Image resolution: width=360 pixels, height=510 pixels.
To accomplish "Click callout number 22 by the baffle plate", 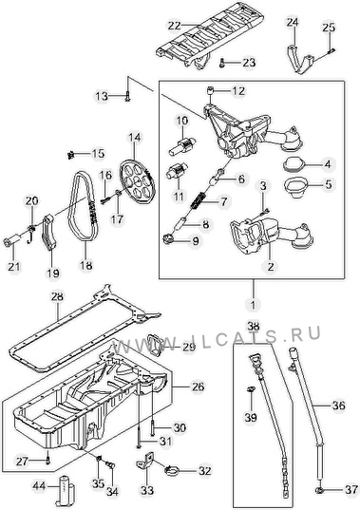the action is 175,25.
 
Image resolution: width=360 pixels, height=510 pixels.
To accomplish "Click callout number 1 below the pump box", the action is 254,305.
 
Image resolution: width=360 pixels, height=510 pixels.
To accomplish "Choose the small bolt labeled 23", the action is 222,63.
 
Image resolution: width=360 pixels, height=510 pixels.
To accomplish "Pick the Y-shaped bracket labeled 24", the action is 299,60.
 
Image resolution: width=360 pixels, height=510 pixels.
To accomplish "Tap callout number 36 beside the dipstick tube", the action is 338,406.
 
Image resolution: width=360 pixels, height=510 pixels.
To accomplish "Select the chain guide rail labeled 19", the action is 48,233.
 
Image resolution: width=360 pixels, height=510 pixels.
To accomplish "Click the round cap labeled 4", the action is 294,163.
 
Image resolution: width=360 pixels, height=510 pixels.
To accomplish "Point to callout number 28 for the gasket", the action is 58,296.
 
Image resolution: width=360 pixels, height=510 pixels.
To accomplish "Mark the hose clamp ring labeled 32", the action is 173,470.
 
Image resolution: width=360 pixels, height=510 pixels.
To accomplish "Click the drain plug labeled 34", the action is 111,465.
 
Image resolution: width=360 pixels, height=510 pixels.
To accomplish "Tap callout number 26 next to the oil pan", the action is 198,387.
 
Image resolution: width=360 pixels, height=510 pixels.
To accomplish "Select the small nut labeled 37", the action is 320,489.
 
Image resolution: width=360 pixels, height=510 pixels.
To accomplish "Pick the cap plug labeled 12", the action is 211,90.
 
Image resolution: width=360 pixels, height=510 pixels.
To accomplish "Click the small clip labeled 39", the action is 251,389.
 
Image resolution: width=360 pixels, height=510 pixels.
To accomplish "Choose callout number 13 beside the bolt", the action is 102,96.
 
